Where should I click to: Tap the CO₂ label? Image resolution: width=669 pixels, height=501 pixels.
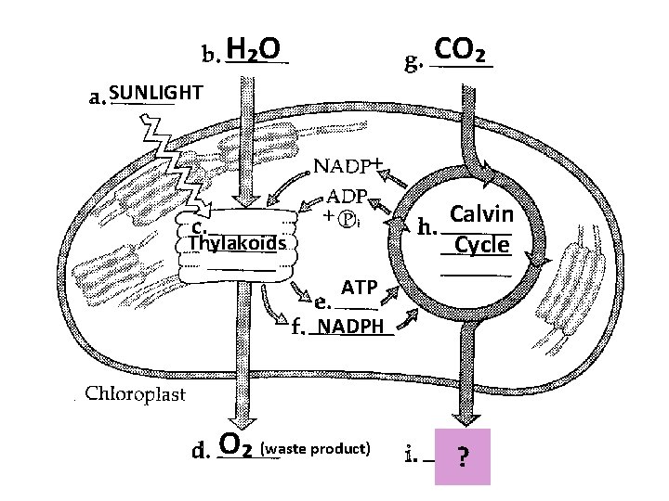(x=462, y=49)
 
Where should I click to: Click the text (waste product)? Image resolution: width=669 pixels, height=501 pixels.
(x=316, y=449)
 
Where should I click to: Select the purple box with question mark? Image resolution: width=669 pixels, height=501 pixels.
(x=462, y=456)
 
